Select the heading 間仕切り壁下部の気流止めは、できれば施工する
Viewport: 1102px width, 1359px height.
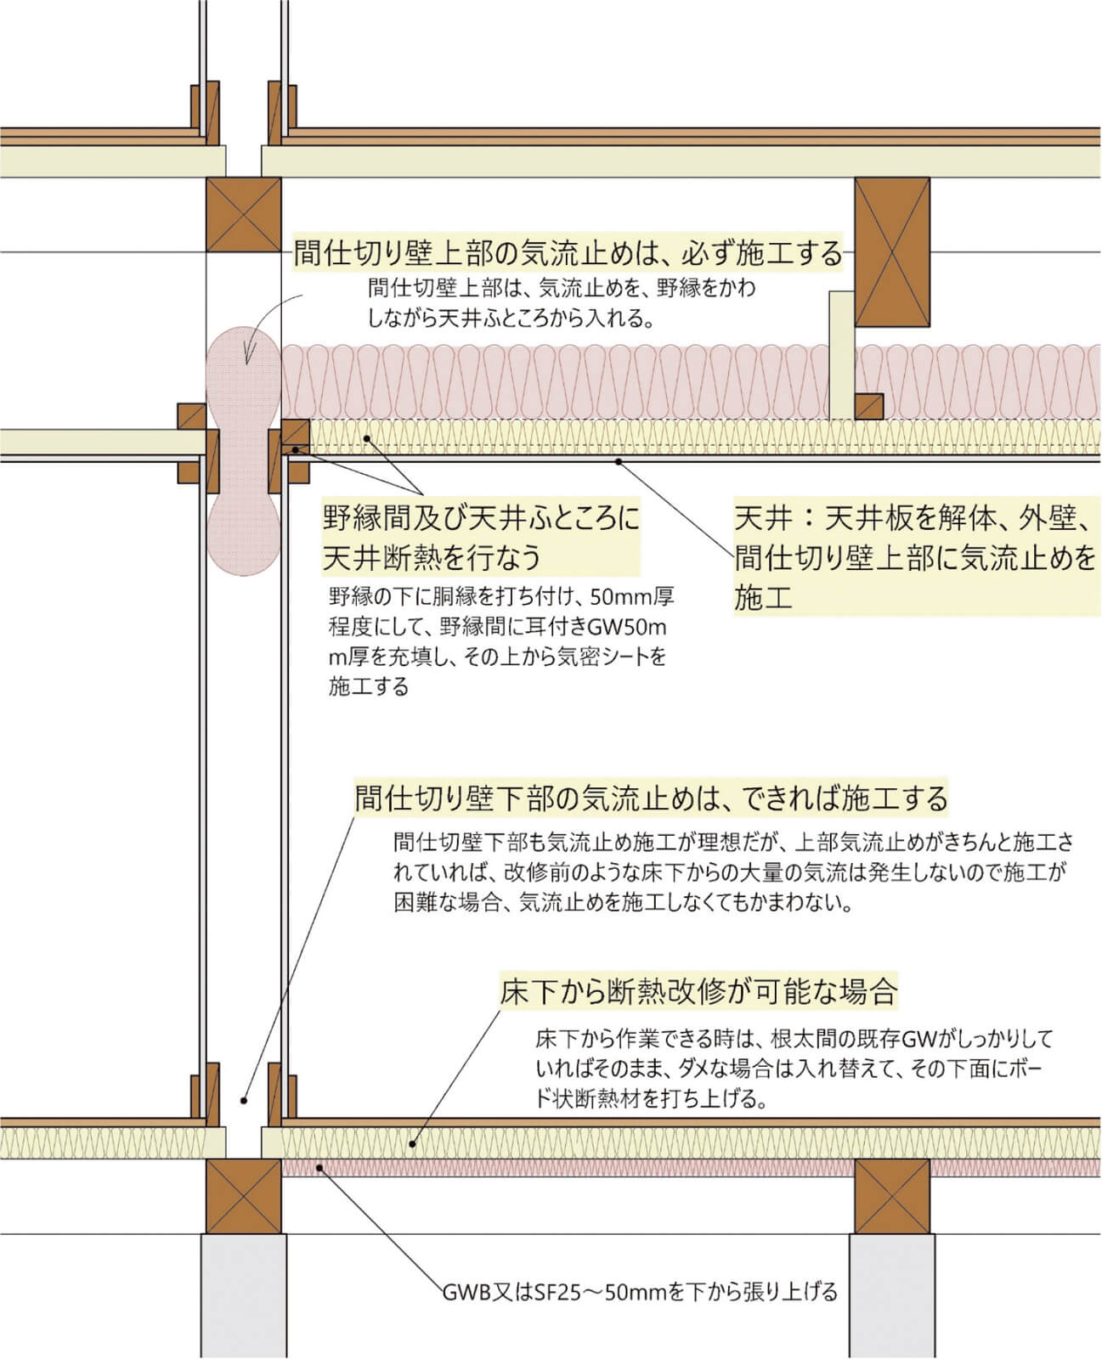pyautogui.click(x=651, y=798)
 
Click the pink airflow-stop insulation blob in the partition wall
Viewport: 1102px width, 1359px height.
pyautogui.click(x=243, y=451)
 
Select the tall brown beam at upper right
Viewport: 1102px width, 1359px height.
pyautogui.click(x=892, y=252)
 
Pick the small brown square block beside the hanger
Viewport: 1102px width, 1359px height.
pyautogui.click(x=869, y=406)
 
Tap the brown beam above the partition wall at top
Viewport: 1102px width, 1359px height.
pyautogui.click(x=244, y=214)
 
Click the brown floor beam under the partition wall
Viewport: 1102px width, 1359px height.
pyautogui.click(x=244, y=1196)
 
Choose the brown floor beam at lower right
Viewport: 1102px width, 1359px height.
pyautogui.click(x=892, y=1196)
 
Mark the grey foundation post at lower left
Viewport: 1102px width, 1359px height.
pyautogui.click(x=244, y=1296)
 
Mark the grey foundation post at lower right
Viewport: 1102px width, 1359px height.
pyautogui.click(x=892, y=1296)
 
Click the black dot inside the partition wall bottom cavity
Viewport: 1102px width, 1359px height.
pyautogui.click(x=243, y=1101)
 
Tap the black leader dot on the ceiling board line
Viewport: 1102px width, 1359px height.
pyautogui.click(x=618, y=461)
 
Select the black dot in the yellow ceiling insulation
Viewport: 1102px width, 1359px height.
pyautogui.click(x=367, y=438)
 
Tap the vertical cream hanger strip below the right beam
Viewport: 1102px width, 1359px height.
pyautogui.click(x=842, y=355)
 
